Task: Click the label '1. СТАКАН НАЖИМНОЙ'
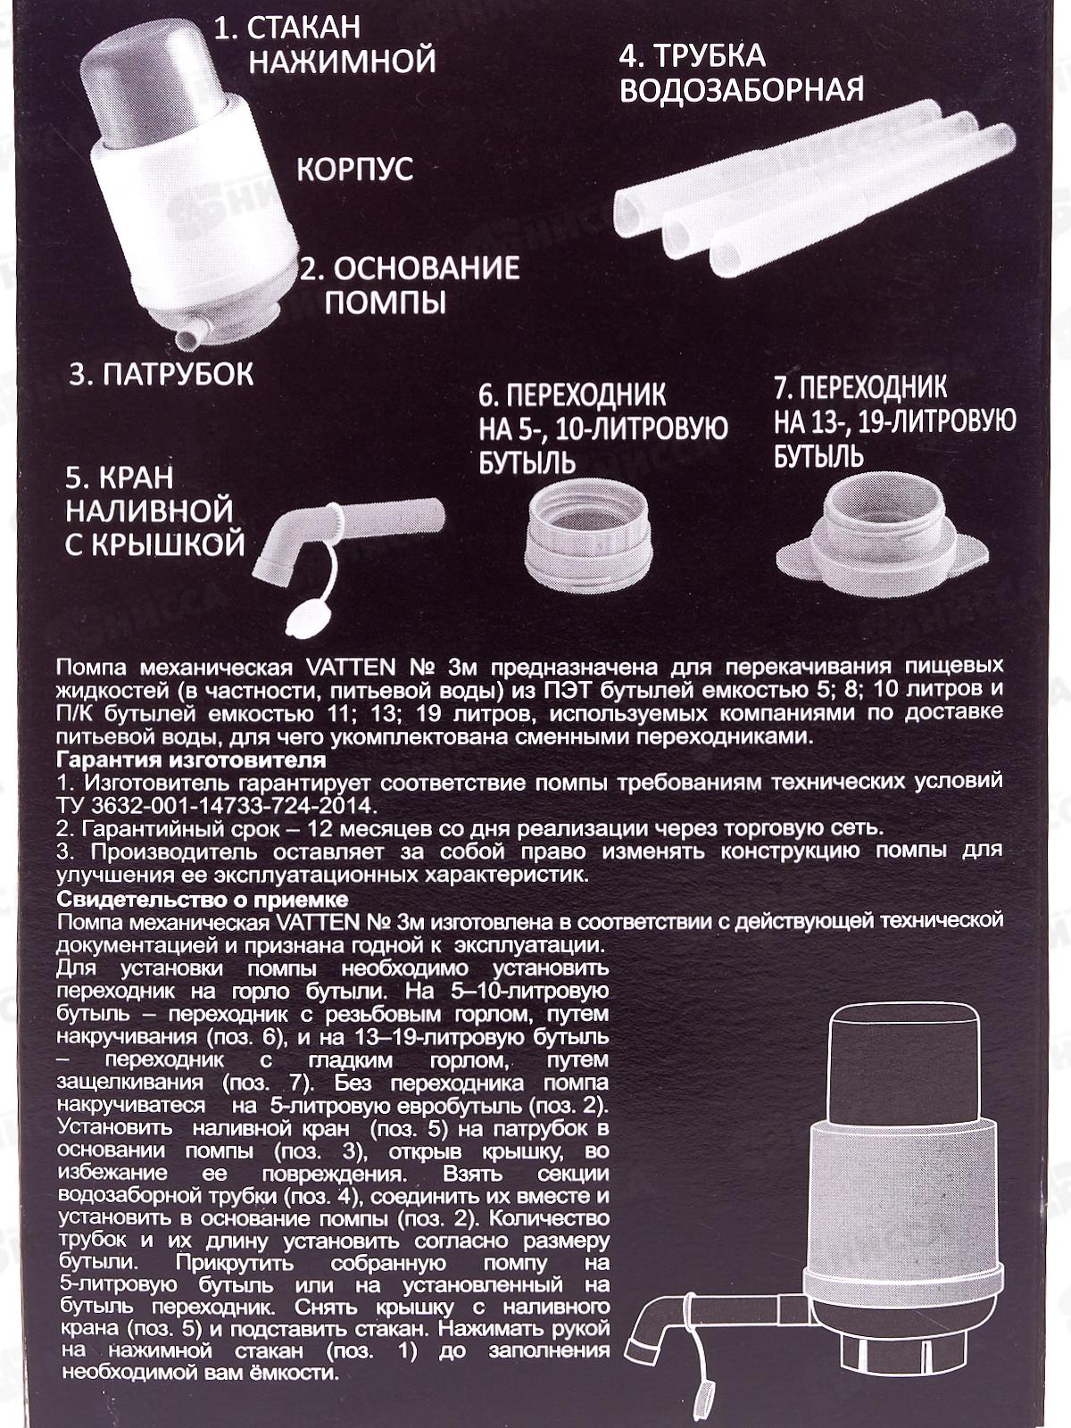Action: pos(325,45)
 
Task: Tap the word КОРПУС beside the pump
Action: pos(355,170)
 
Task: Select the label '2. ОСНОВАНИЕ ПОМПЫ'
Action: pos(410,285)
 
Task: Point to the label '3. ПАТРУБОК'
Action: pos(162,375)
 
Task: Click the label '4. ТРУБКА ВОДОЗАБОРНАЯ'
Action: pos(742,72)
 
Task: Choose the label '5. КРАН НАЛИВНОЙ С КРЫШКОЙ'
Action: pos(154,511)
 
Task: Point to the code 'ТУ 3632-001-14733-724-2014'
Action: pos(217,806)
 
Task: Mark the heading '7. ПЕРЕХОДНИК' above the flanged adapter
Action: pos(860,386)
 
